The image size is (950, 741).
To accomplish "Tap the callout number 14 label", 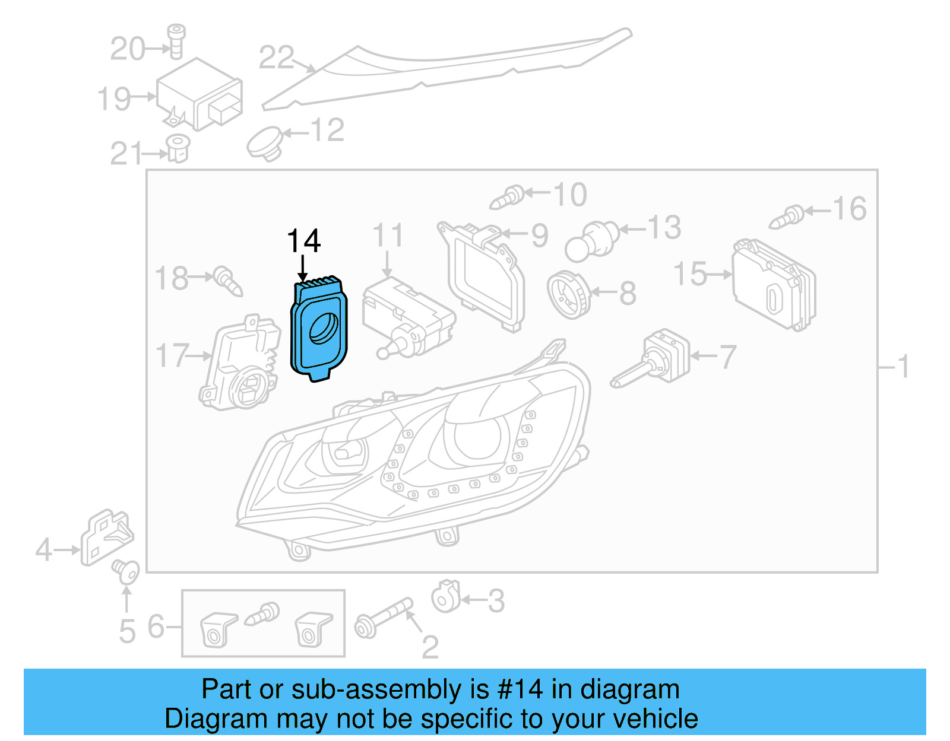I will pyautogui.click(x=303, y=241).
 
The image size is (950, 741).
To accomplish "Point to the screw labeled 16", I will pyautogui.click(x=787, y=218).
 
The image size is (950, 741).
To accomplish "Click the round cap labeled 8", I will pyautogui.click(x=569, y=294).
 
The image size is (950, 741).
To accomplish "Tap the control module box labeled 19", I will pyautogui.click(x=199, y=95).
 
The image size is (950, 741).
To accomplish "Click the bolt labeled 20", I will pyautogui.click(x=176, y=41).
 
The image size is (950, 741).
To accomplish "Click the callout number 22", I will pyautogui.click(x=276, y=58).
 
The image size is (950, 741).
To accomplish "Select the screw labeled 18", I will pyautogui.click(x=229, y=281).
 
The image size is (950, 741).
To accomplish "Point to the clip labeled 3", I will pyautogui.click(x=445, y=596).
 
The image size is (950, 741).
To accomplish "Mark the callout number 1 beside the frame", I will pyautogui.click(x=903, y=367).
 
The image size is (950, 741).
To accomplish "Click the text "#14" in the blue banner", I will pyautogui.click(x=520, y=689).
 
